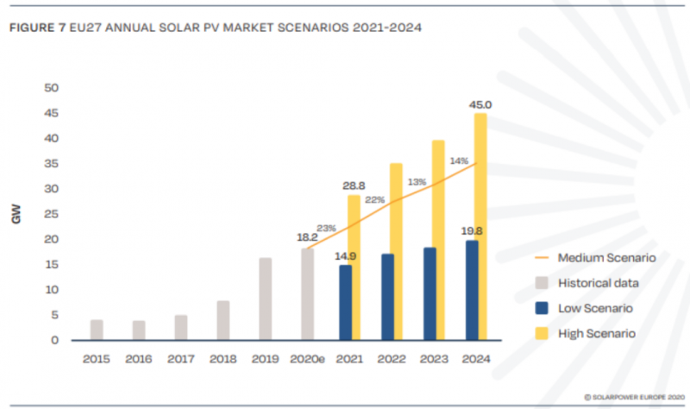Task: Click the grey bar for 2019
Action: (x=266, y=299)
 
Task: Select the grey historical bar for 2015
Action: (x=97, y=330)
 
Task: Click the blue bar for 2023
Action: (x=430, y=293)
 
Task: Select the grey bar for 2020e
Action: (x=307, y=294)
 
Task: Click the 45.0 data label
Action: (x=480, y=105)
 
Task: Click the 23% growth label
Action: (x=326, y=228)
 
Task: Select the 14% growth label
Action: (x=459, y=160)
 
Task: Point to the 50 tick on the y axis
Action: (x=51, y=88)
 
